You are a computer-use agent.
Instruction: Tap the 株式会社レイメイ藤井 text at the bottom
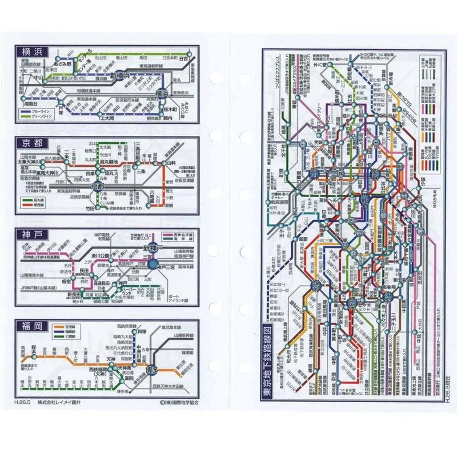click(62, 402)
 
